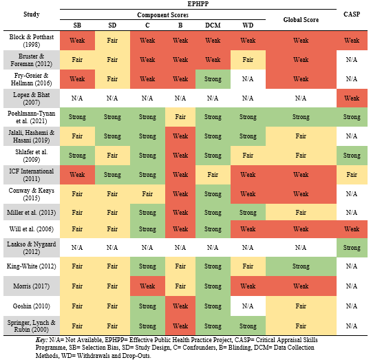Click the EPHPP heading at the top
pos(198,4)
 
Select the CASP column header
pos(352,14)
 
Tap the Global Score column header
pos(301,20)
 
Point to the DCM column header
pos(213,25)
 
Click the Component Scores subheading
pos(162,15)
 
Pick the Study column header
pos(32,14)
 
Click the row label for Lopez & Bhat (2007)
pos(32,98)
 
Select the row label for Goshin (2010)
pos(32,306)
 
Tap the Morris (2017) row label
pos(32,286)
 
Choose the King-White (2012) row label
pos(32,266)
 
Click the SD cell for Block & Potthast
pos(112,41)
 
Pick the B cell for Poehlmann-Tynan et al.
pos(180,117)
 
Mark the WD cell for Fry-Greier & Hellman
pos(248,79)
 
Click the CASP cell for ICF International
pos(352,175)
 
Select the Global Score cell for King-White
pos(301,266)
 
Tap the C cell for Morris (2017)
pos(147,286)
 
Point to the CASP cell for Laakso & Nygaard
pos(352,248)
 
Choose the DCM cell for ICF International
pos(213,175)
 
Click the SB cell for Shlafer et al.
pos(77,156)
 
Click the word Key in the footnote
pos(41,340)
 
